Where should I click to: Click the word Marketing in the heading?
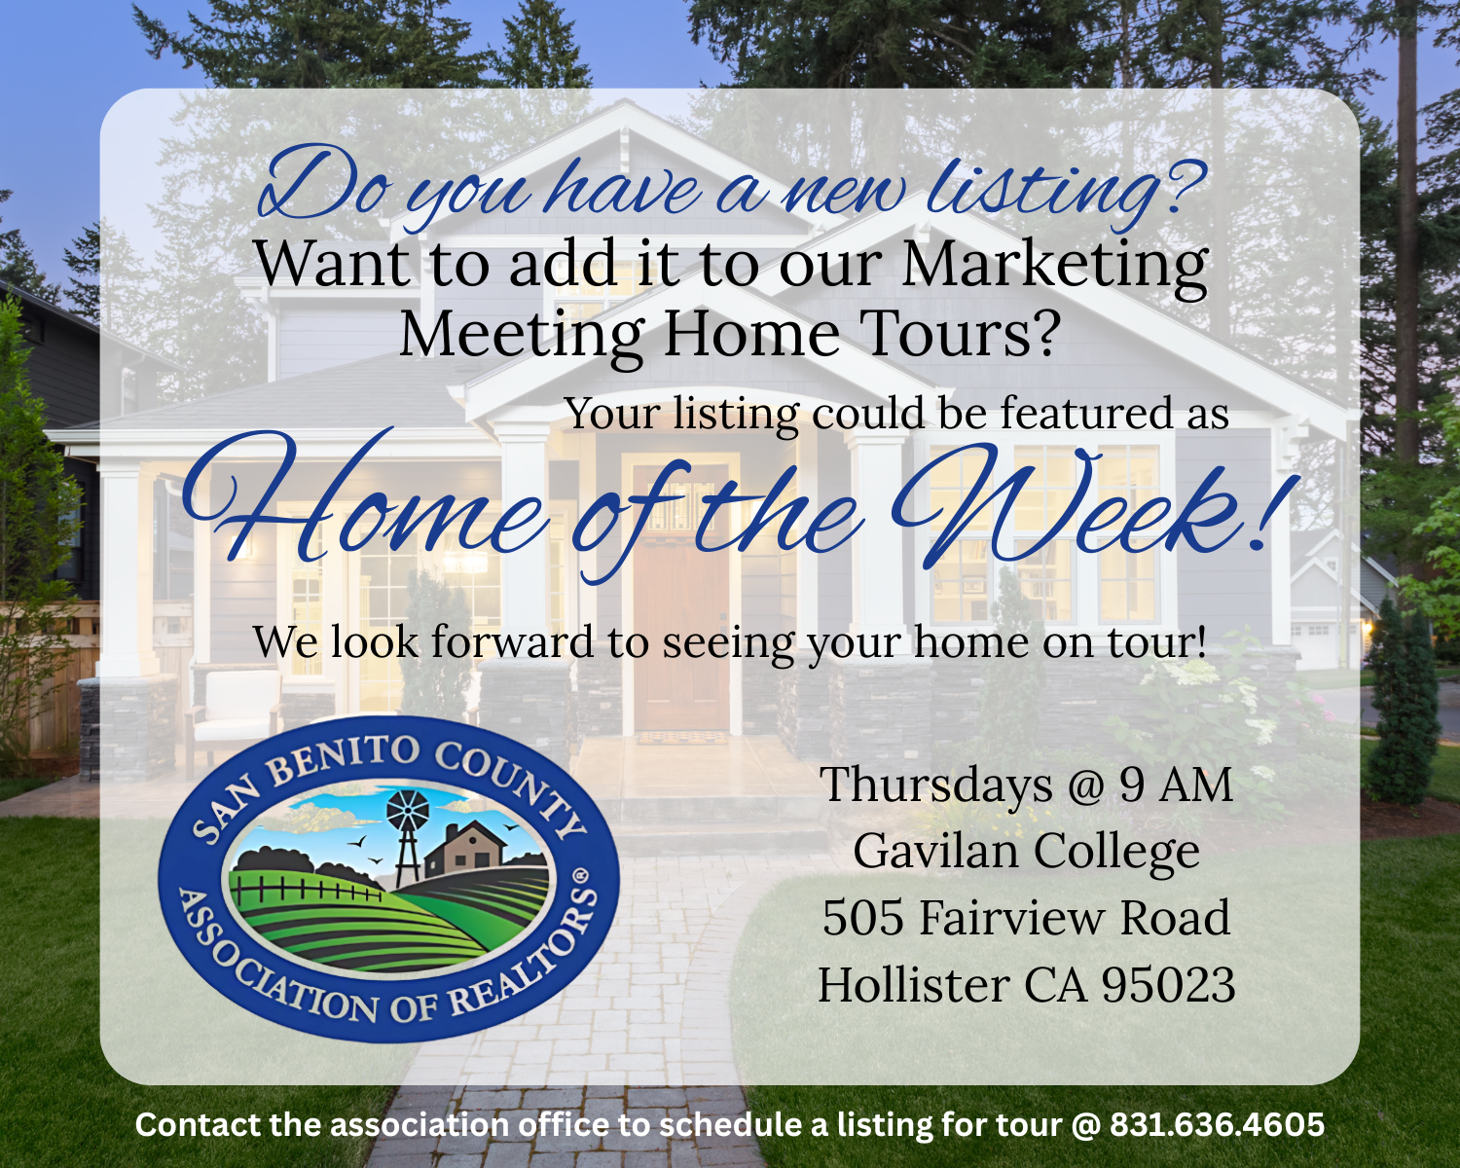tap(1055, 266)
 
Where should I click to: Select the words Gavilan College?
tap(1026, 852)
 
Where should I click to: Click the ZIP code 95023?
tap(1168, 985)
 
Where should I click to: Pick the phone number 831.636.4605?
tap(1217, 1125)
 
